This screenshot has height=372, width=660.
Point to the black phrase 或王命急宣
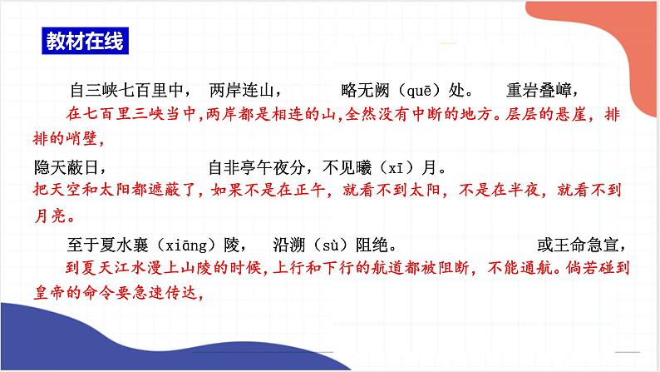tap(583, 246)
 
